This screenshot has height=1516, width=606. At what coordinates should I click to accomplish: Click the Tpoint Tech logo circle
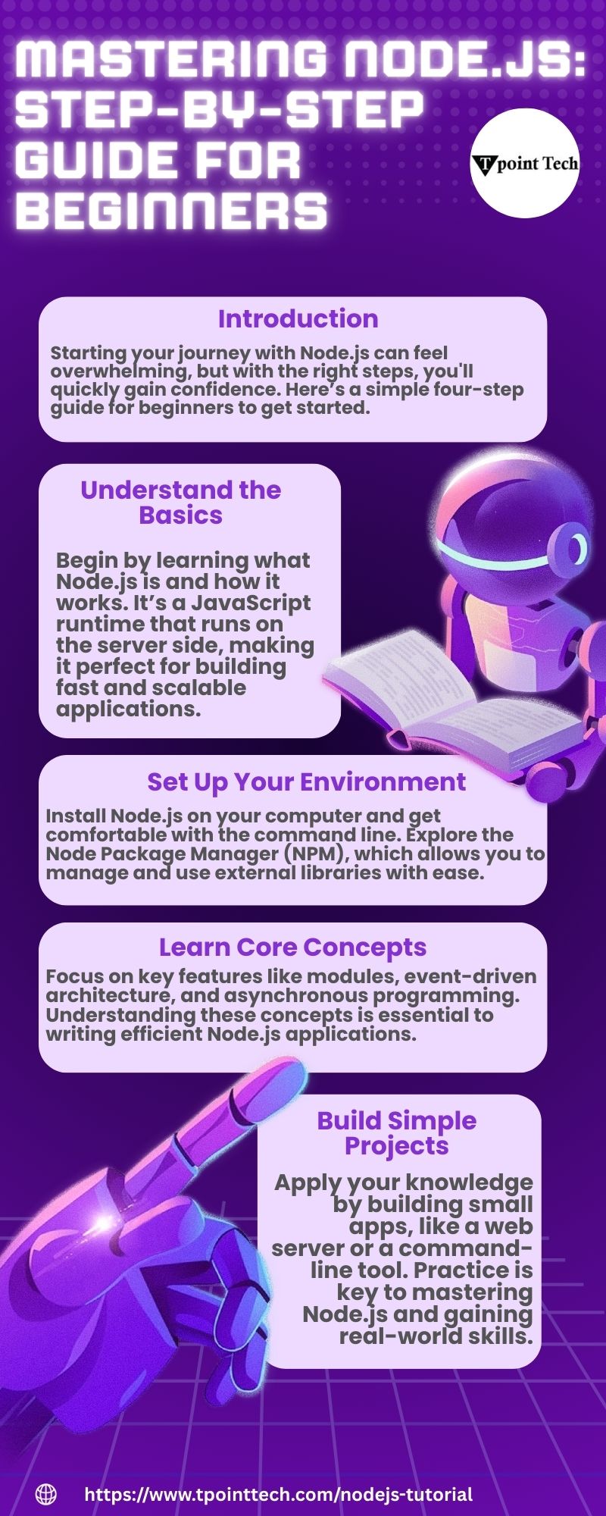click(x=525, y=163)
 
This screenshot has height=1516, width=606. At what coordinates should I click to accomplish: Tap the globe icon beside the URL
click(x=46, y=1494)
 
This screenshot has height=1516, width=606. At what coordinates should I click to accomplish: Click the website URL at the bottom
click(x=279, y=1494)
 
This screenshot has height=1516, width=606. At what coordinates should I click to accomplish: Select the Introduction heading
click(x=298, y=319)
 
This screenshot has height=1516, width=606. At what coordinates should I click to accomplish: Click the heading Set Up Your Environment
click(x=306, y=781)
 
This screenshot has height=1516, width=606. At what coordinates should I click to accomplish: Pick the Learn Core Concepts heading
click(x=292, y=947)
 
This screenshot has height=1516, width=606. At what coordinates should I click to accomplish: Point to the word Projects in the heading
click(x=396, y=1146)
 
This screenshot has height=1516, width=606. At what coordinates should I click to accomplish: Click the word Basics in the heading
click(x=180, y=515)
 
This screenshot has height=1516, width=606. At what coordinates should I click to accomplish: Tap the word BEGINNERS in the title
click(x=171, y=211)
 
